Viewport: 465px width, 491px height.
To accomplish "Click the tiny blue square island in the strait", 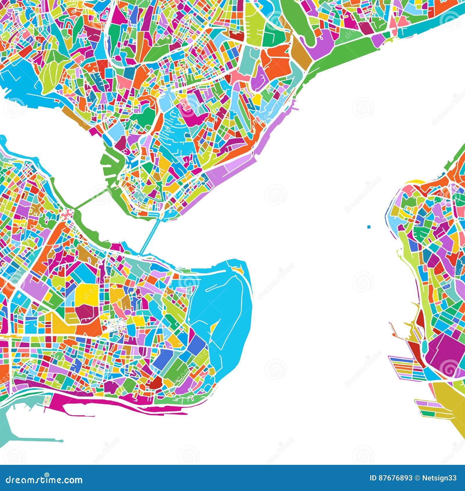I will [x=369, y=227].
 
